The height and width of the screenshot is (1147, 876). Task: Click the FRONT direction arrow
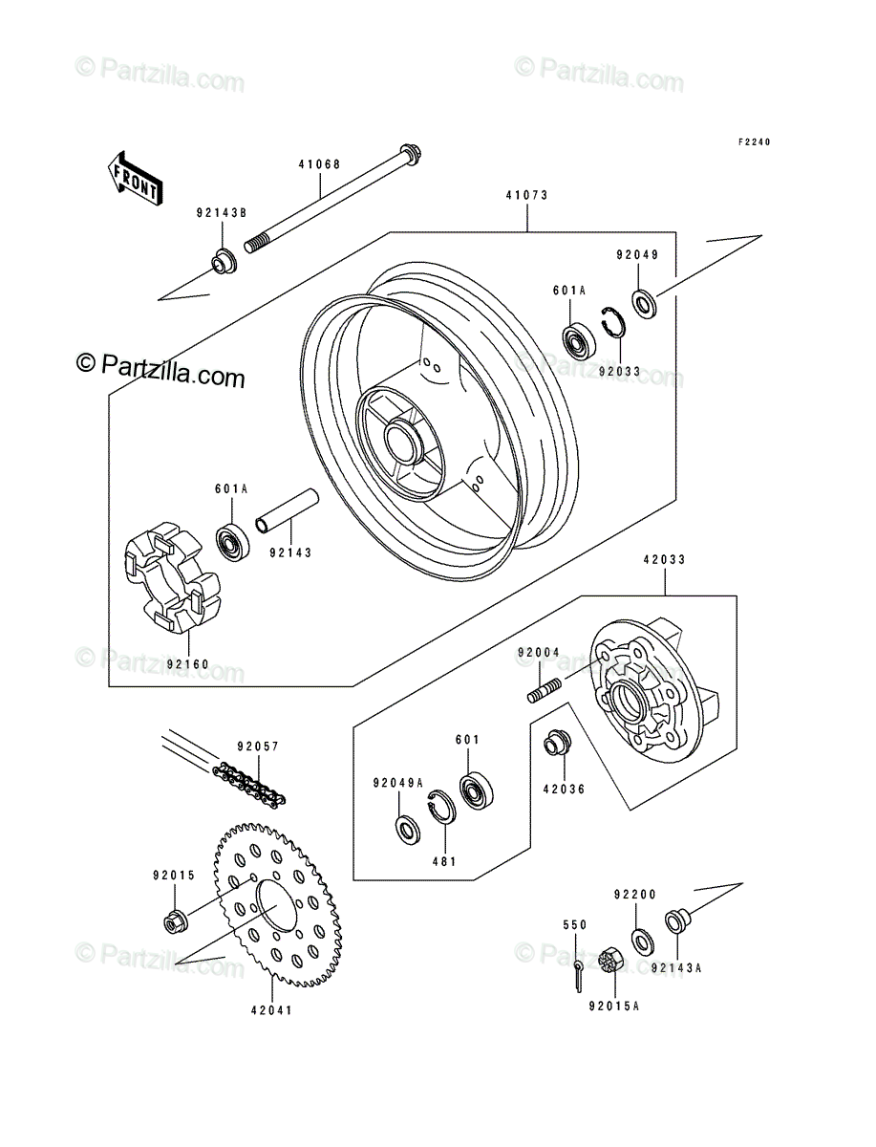point(136,179)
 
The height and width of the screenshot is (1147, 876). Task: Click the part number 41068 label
point(319,164)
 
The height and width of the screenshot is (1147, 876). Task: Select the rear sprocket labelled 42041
point(278,905)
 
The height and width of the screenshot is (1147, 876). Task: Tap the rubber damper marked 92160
point(172,578)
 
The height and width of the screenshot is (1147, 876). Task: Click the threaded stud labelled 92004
point(544,691)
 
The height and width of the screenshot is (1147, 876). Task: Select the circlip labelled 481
point(441,808)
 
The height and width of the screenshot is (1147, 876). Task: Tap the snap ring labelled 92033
point(612,322)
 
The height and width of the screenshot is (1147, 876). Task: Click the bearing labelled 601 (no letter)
point(477,790)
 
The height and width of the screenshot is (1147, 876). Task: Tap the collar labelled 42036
point(558,743)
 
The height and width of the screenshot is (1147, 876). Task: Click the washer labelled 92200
point(643,941)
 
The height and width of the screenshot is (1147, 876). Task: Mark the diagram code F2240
point(755,142)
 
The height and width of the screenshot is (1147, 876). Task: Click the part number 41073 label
point(526,195)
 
